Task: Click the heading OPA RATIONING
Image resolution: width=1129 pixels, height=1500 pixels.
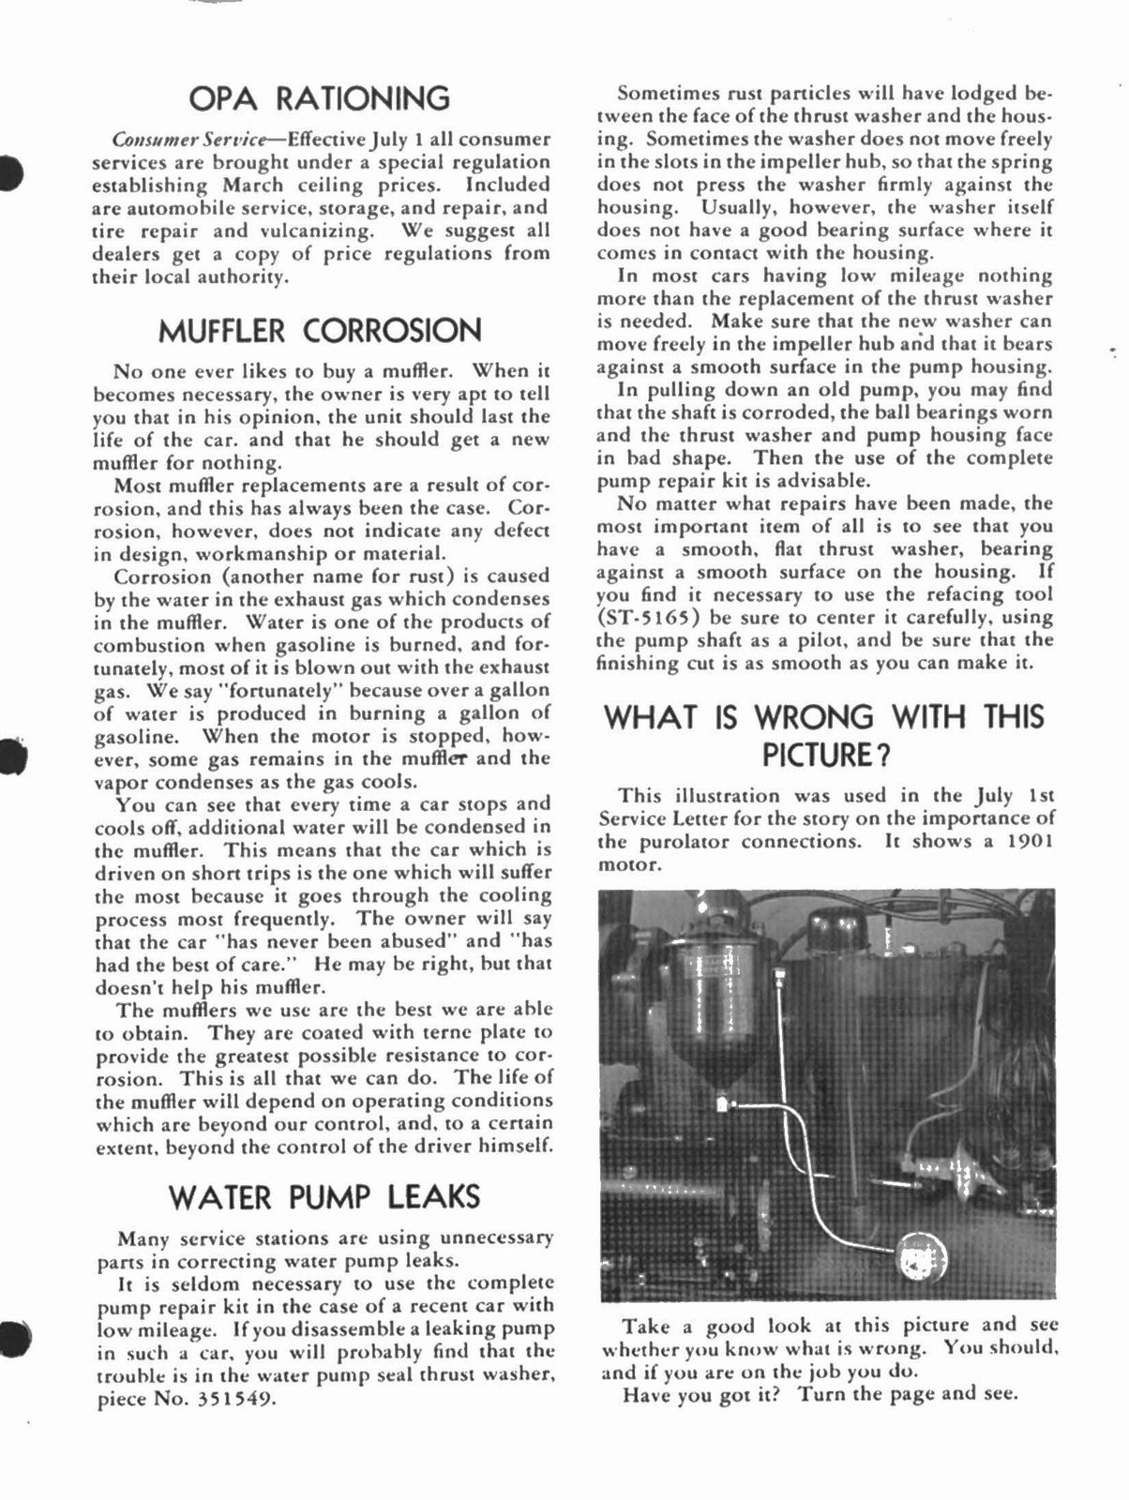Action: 319,98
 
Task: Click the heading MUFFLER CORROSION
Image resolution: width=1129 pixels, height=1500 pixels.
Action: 319,331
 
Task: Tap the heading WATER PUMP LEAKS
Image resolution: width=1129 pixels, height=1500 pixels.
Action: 324,1197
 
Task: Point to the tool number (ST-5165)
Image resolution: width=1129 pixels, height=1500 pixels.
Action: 652,617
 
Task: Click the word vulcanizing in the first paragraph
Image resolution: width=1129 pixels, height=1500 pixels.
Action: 319,231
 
